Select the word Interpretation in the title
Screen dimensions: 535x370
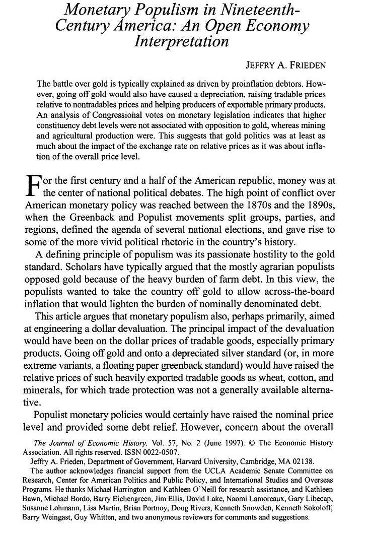182,41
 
